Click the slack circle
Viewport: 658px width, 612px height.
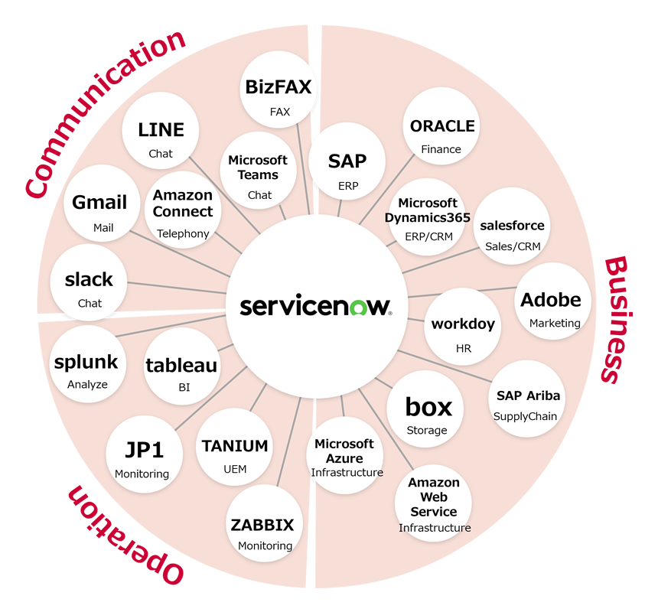pos(89,285)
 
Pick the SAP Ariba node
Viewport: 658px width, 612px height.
pos(527,401)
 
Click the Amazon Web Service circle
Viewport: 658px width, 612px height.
pos(434,503)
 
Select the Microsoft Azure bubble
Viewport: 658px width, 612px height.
pos(346,455)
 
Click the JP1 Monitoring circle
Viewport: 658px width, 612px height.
pos(144,454)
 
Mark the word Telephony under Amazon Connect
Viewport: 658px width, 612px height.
pos(183,233)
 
